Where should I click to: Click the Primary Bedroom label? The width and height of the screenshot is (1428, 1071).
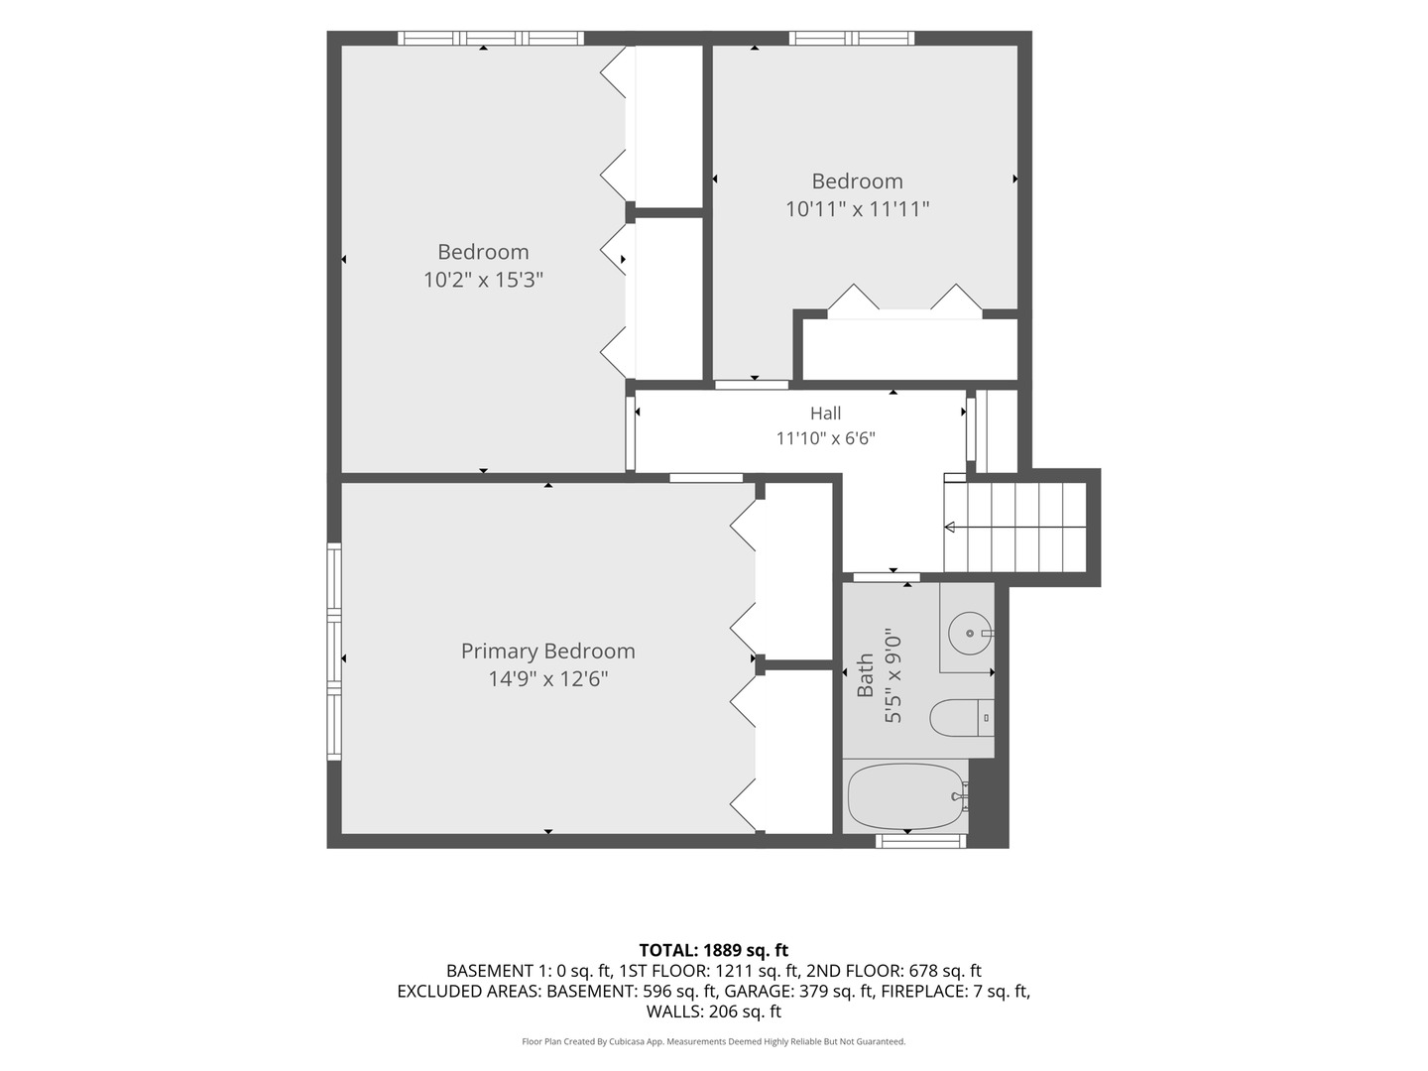[x=547, y=651]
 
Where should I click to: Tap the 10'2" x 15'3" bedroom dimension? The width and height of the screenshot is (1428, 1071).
[x=483, y=280]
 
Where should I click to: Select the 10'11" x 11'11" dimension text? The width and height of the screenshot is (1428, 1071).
[x=858, y=208]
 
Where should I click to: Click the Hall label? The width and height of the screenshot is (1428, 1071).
[x=826, y=413]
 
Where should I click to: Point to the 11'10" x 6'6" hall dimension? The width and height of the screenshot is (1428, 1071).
[x=826, y=438]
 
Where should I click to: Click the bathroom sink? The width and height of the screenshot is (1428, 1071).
[x=969, y=633]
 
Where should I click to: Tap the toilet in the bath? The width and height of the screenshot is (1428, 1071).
[x=962, y=718]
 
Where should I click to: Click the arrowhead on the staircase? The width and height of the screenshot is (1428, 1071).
[x=950, y=527]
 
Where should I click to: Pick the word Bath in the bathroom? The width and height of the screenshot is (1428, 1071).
[x=866, y=675]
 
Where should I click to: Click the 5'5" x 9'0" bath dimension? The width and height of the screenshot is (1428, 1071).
[x=893, y=675]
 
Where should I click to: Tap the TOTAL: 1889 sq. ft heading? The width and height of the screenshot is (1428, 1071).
[x=714, y=951]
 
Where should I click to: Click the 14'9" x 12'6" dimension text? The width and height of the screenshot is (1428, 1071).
[x=547, y=679]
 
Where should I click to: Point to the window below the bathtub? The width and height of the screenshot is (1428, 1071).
[x=920, y=842]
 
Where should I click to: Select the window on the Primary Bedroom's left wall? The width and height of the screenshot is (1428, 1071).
[x=334, y=651]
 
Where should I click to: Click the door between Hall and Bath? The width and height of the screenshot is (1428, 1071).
[x=887, y=577]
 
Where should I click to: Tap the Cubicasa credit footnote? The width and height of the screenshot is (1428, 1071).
[x=714, y=1041]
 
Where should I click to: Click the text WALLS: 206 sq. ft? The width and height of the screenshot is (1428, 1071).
[x=714, y=1011]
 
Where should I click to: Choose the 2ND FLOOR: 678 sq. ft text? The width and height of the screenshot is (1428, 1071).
[x=893, y=971]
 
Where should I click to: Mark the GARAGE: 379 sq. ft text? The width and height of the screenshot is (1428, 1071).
[x=798, y=991]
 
